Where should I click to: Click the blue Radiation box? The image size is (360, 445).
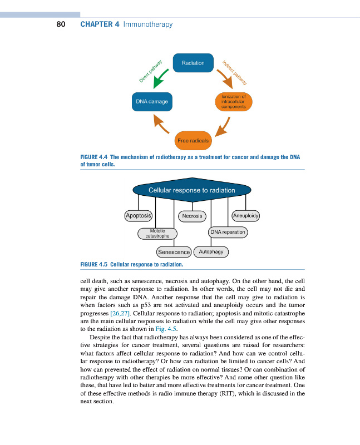click(x=193, y=63)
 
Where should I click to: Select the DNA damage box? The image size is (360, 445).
click(x=152, y=102)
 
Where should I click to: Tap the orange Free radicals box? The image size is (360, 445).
click(x=193, y=140)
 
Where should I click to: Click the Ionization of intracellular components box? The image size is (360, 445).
click(x=233, y=102)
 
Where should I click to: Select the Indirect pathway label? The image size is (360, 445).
click(x=234, y=71)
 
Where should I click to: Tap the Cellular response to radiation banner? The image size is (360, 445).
click(x=191, y=190)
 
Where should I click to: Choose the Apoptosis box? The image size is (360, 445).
click(x=139, y=215)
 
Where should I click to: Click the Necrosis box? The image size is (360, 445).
click(x=193, y=216)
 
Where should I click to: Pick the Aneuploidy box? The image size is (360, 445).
click(x=245, y=215)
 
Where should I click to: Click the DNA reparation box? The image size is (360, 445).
click(x=228, y=231)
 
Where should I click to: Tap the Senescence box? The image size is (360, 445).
click(x=174, y=252)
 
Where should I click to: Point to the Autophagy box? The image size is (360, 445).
click(x=211, y=252)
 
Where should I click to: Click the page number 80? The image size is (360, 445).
click(x=61, y=24)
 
